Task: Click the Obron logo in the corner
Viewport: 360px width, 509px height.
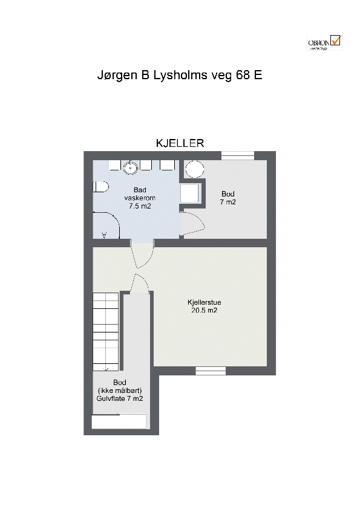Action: click(x=325, y=42)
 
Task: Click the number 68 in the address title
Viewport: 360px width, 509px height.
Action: click(x=237, y=76)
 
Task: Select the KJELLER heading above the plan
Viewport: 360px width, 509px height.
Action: click(x=180, y=143)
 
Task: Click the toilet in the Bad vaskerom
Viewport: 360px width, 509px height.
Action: click(x=99, y=188)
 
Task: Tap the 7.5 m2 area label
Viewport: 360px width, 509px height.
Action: click(x=140, y=206)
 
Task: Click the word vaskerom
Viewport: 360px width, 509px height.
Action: click(x=140, y=198)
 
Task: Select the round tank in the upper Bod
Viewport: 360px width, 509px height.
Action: click(x=194, y=169)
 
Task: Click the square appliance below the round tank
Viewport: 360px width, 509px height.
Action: click(x=191, y=193)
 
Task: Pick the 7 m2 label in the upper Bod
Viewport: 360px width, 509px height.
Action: click(x=227, y=202)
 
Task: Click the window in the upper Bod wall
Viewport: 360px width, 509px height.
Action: click(x=237, y=155)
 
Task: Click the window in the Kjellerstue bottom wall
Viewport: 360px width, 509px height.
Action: click(x=211, y=370)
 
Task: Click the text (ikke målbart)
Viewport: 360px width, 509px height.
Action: click(x=120, y=391)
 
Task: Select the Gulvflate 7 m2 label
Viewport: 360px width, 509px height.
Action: click(x=120, y=398)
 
